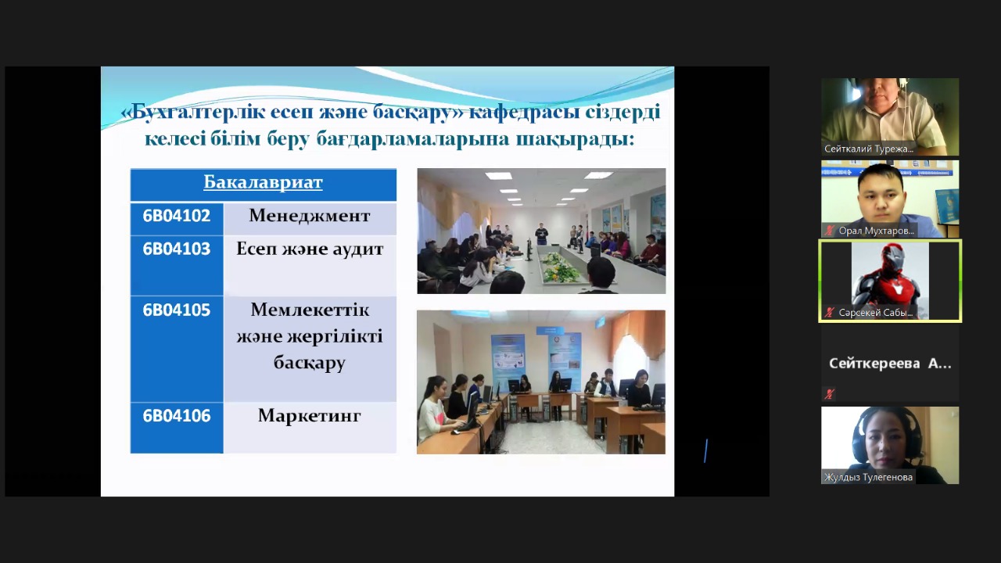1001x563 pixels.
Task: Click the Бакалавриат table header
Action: pos(263,182)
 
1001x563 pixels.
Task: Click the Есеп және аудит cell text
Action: pos(310,249)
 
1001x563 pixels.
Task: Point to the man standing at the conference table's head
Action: pos(541,234)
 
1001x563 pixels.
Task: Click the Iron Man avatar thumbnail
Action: pos(890,281)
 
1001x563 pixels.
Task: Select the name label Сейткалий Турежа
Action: pos(869,149)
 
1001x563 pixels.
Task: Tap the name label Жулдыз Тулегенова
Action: pos(868,477)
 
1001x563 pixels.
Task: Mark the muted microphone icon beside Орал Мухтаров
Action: pos(830,231)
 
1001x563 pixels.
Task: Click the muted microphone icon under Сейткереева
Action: pos(830,394)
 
